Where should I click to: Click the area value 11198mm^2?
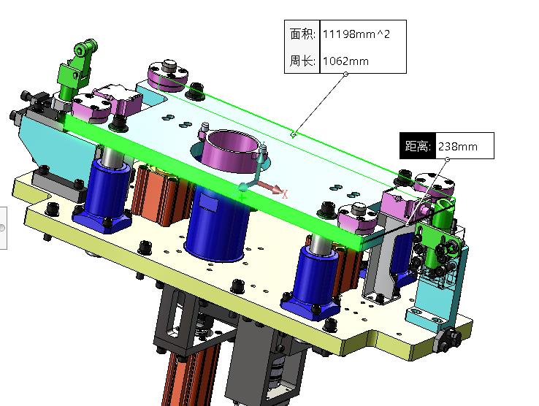coord(356,34)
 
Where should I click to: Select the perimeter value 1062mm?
coord(345,61)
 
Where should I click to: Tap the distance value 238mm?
coord(457,147)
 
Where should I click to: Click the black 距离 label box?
coord(418,146)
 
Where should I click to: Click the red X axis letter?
coord(285,194)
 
